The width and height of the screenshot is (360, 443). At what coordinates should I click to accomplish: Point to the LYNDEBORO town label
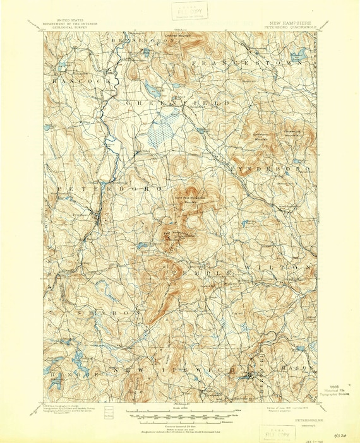coord(270,169)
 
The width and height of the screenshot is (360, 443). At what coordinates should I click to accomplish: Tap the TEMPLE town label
coord(196,268)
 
